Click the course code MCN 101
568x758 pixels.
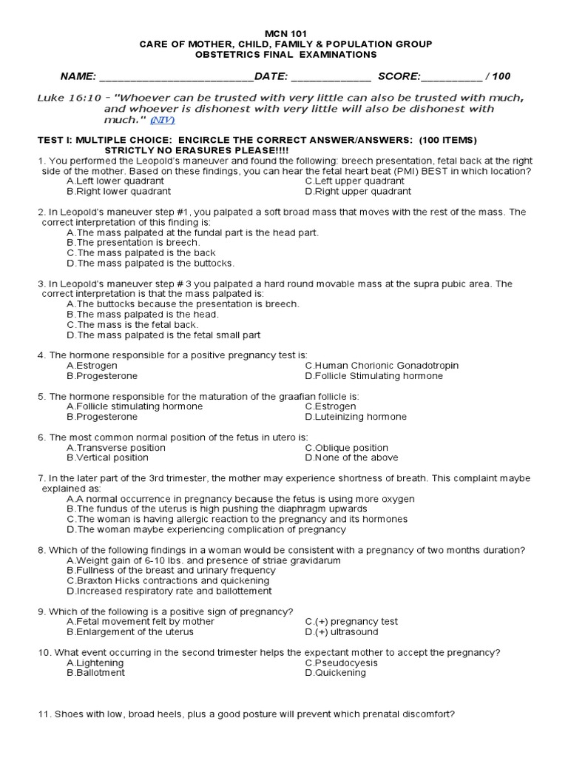pyautogui.click(x=285, y=34)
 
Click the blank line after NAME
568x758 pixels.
pyautogui.click(x=176, y=77)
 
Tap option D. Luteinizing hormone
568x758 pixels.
pyautogui.click(x=355, y=417)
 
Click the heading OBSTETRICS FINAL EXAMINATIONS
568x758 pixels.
pyautogui.click(x=285, y=54)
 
